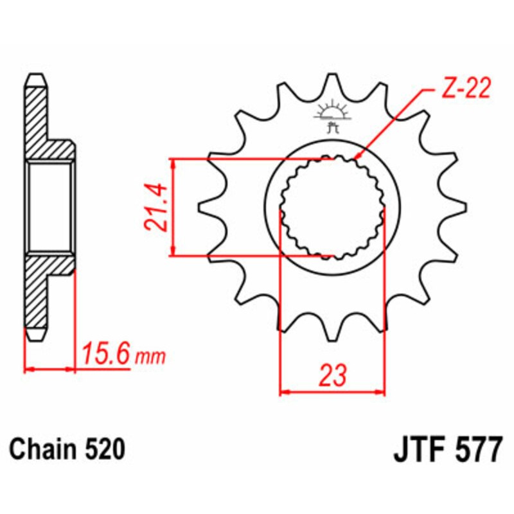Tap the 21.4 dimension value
[x=154, y=207]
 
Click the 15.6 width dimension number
[x=105, y=354]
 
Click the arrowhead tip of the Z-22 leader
[x=356, y=157]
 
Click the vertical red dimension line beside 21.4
[x=172, y=207]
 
